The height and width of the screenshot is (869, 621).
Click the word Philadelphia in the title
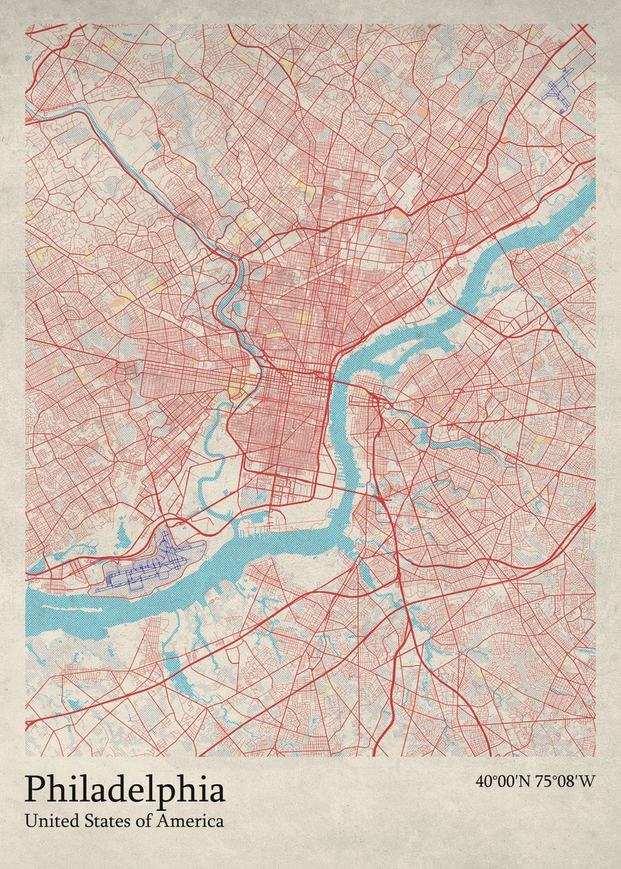[125, 790]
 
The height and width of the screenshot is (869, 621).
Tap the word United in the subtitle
[48, 821]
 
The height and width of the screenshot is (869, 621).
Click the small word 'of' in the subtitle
[140, 821]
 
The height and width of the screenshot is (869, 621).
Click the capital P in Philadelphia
[36, 790]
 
